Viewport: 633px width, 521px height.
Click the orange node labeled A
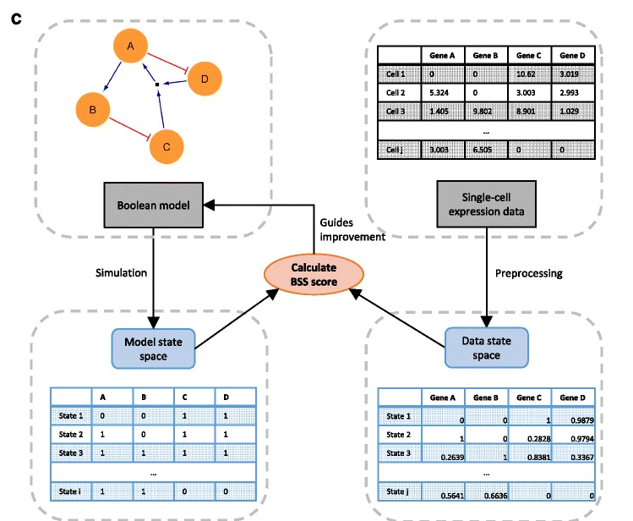(131, 47)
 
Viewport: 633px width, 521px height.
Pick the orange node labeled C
(166, 145)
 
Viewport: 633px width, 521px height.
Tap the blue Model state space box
(153, 346)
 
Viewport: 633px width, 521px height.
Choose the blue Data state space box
(486, 346)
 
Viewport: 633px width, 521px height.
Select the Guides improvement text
(352, 228)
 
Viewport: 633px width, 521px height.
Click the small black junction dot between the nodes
(157, 85)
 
